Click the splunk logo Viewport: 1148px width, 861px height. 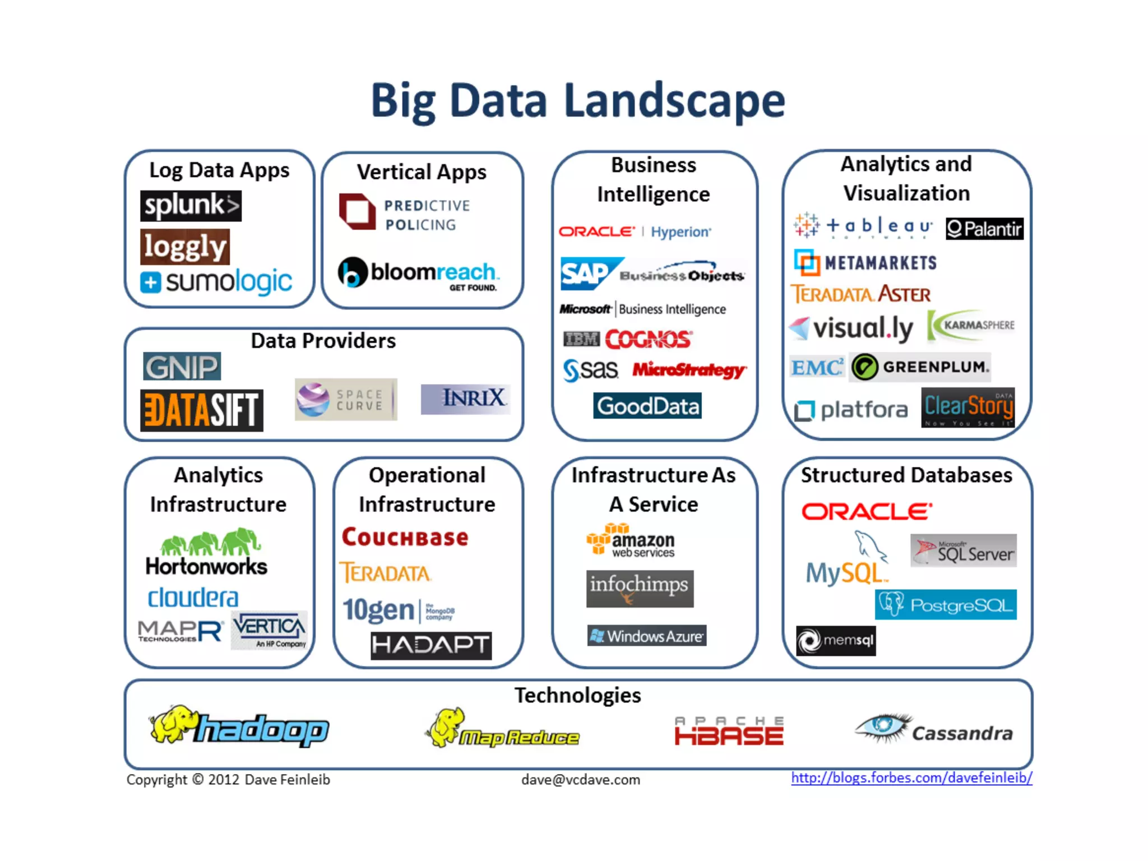(x=191, y=206)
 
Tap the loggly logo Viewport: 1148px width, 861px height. (x=185, y=247)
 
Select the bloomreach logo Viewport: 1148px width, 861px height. (x=418, y=273)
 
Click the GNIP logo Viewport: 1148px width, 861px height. (x=182, y=367)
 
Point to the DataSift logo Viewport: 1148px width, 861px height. (x=202, y=410)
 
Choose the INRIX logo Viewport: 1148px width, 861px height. (x=465, y=399)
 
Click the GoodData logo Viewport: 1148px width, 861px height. (x=647, y=406)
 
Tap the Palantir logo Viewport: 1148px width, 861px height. (x=984, y=229)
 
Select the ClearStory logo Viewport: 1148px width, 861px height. (x=968, y=408)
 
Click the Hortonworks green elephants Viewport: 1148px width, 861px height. (x=210, y=542)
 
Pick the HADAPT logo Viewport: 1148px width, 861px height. (x=431, y=645)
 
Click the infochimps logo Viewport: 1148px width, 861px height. (x=640, y=589)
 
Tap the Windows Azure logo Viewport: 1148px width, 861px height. (x=647, y=636)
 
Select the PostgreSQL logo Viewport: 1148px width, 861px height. (x=946, y=605)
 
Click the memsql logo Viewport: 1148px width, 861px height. (x=836, y=641)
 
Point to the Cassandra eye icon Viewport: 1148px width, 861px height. (x=882, y=726)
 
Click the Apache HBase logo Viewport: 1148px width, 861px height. (x=729, y=731)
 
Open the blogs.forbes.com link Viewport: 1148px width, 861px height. (x=911, y=778)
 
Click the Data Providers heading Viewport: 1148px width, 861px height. (x=323, y=341)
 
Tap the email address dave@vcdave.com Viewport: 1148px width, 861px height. (x=581, y=780)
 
